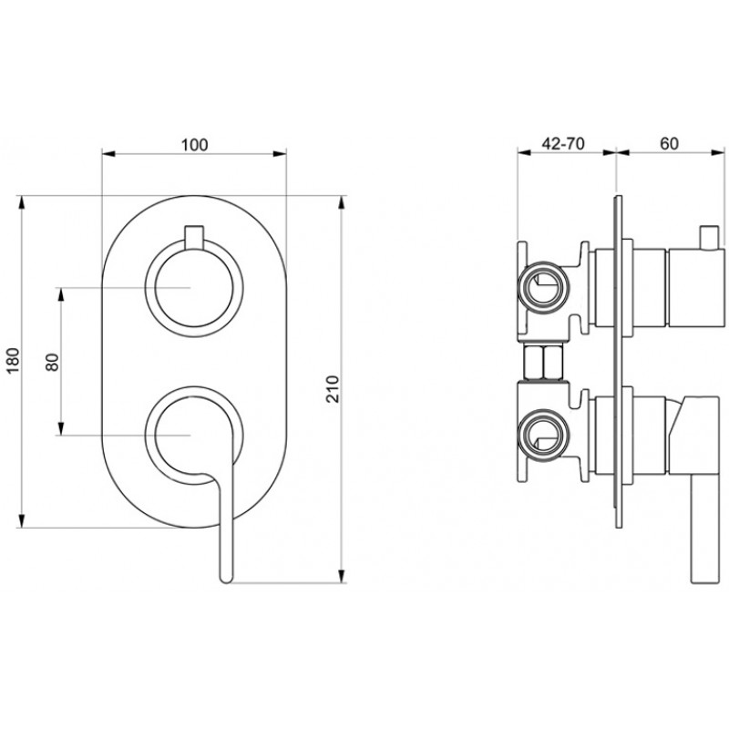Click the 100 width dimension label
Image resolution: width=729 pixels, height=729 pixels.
pos(194,145)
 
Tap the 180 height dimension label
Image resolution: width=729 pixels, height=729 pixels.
pos(15,360)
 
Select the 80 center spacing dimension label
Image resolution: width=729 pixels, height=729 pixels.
pos(53,362)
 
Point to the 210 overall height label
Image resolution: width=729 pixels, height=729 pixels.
pos(334,389)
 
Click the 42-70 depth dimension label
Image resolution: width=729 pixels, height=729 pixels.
pos(563,144)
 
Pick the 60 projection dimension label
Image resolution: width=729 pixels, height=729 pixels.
pos(669,144)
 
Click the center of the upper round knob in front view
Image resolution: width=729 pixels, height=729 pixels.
pos(193,288)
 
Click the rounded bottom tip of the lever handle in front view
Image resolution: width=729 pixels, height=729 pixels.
pos(226,579)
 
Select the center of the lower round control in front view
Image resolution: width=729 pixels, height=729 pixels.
pos(193,436)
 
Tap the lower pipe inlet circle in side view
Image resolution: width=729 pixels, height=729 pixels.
pos(543,434)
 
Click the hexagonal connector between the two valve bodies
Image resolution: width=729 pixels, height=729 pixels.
pos(543,362)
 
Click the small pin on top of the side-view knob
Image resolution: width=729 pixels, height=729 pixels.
pos(709,238)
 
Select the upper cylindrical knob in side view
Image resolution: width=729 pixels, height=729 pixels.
pos(696,288)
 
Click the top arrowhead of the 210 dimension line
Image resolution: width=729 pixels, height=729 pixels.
pos(343,203)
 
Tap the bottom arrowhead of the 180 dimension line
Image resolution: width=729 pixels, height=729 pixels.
pos(20,520)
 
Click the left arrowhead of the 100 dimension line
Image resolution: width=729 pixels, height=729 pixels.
pos(108,154)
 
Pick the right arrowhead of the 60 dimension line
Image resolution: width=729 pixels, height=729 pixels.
pos(717,150)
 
